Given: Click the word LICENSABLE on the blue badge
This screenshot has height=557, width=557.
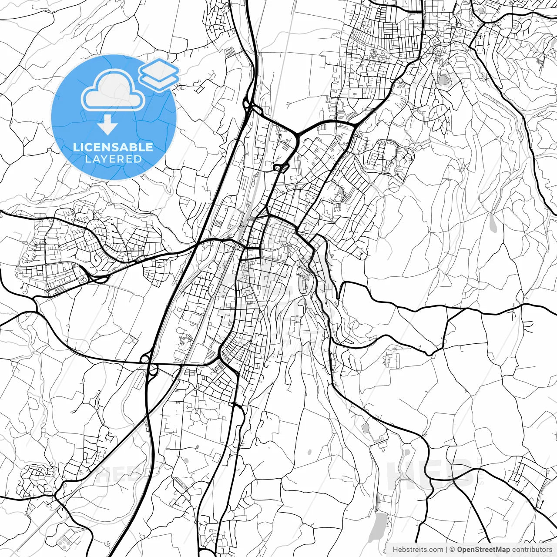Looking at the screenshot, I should click(x=113, y=147).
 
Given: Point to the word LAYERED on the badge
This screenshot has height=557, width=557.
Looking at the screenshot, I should click(x=113, y=159).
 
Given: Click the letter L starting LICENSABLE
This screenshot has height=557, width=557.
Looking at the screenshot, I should click(x=75, y=147).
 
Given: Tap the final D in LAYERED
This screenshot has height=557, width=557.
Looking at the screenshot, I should click(x=138, y=159).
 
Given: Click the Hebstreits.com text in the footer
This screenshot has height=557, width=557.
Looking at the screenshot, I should click(x=418, y=550).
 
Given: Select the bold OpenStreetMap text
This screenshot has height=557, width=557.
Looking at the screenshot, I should click(x=483, y=550).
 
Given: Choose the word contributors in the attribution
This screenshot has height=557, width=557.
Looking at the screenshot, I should click(x=532, y=550).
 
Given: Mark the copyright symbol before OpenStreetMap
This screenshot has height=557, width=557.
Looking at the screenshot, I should click(x=452, y=550).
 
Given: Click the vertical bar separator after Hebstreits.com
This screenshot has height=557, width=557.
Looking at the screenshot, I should click(x=446, y=550).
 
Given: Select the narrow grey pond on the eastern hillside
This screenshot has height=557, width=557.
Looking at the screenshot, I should click(x=492, y=223).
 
